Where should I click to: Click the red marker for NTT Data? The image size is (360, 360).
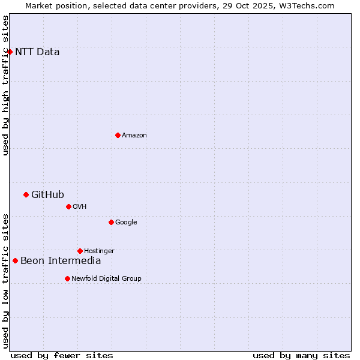pos(10,52)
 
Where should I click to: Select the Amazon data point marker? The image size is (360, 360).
pos(118,135)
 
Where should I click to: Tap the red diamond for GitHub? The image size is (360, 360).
pos(26,194)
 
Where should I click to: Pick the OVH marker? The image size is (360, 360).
pos(68,206)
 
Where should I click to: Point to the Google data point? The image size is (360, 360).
pos(111,222)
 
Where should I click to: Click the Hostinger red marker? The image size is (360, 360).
pos(80,251)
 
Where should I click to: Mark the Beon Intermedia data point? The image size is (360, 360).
pos(15,260)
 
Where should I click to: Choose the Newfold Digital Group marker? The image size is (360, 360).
pos(67,278)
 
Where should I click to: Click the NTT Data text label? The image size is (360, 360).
pos(37,52)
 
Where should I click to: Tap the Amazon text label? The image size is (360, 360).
pos(134,135)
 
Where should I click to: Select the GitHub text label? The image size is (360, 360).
pos(47,194)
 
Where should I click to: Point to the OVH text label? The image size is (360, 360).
pos(80,206)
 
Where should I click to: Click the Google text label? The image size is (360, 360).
pos(126,222)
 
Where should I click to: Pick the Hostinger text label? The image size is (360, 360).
pos(99,251)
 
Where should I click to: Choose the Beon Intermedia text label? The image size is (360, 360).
pos(61,260)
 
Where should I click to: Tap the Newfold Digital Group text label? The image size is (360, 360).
pos(106,278)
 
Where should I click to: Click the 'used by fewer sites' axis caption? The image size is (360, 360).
pos(62,355)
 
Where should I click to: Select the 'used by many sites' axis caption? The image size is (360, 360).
pos(301,355)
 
